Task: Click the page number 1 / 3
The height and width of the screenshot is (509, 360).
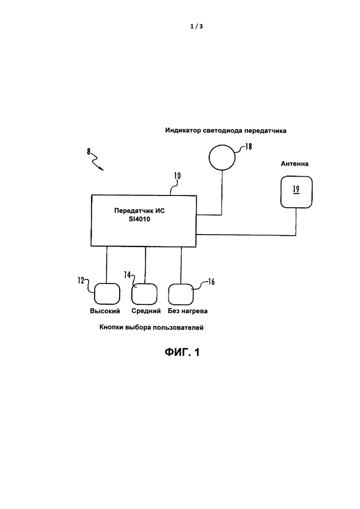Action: point(196,27)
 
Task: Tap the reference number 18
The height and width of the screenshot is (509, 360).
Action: point(248,146)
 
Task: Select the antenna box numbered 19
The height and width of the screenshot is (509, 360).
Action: point(295,192)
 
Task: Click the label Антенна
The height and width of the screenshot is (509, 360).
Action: point(295,164)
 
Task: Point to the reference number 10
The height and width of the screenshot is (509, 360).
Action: point(177,177)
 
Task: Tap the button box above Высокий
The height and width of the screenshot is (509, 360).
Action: point(106,294)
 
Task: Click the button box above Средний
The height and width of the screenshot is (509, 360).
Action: point(146,294)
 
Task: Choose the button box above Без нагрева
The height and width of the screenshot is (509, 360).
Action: point(181,294)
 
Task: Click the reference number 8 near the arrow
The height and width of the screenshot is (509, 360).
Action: point(89,150)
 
